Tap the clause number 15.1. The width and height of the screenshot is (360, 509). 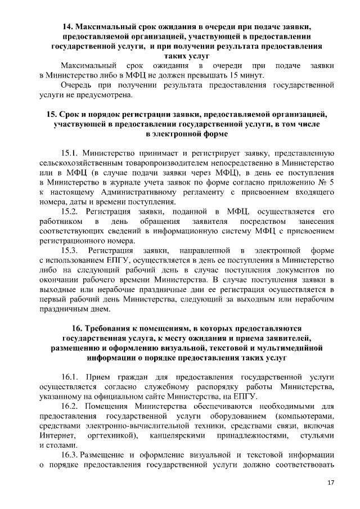coord(70,152)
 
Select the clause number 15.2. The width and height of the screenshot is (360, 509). coord(70,211)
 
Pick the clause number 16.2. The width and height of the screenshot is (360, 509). coord(70,406)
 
